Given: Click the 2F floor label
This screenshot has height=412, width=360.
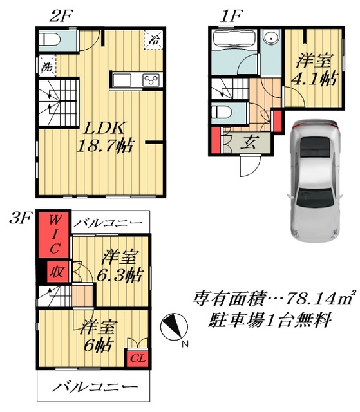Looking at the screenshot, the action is pos(61,16).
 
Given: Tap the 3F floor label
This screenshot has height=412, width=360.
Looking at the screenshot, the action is pos(20,218).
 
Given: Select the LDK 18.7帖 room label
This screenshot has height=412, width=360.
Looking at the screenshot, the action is pos(106,137).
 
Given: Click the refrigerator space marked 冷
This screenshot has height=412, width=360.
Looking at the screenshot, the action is pos(154,40).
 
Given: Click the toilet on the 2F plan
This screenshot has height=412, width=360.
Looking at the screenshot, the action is pos(50,40).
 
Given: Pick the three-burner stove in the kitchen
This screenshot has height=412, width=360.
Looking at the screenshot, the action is pos(151,80).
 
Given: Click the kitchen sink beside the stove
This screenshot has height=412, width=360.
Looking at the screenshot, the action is pos(122,80).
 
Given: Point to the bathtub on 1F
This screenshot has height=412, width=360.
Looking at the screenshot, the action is pos(234,39).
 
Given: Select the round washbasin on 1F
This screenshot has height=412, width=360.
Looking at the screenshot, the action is pos(270,39).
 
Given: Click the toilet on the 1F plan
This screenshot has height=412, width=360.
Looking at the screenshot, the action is pos(222,113).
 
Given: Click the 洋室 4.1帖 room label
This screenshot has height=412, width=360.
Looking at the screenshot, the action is pos(316,69).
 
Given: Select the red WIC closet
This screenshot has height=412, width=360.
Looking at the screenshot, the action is pos(54,234).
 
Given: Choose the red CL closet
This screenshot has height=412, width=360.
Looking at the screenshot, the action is pos(137,358).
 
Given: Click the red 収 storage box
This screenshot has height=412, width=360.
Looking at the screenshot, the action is pos(58,272).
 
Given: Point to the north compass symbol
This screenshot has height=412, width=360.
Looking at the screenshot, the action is pos(174,327).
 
